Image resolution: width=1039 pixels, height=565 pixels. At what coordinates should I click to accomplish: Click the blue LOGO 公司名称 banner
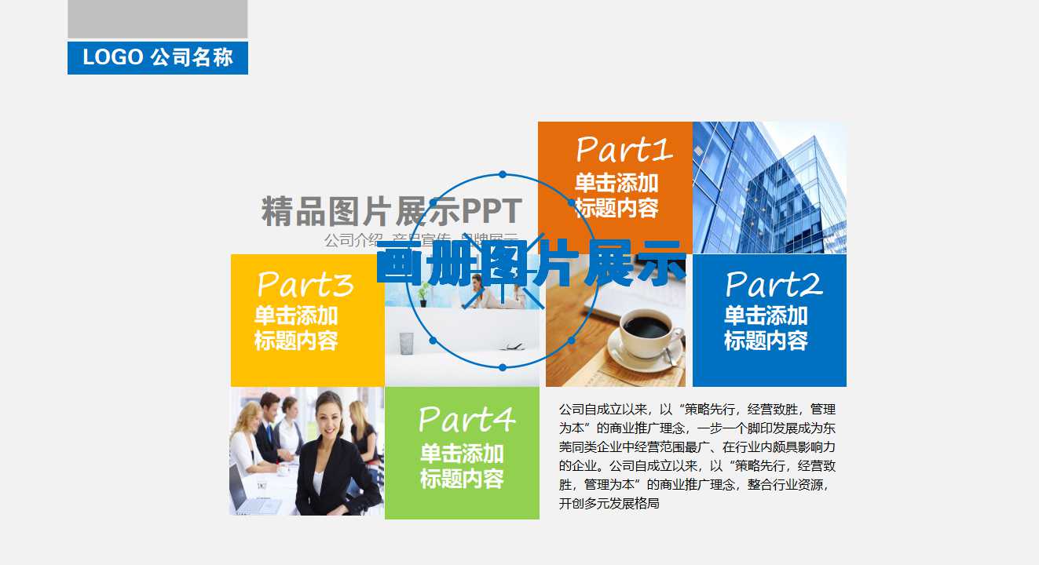(x=158, y=58)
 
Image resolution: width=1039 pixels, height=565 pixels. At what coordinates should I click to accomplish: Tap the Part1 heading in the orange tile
(x=624, y=149)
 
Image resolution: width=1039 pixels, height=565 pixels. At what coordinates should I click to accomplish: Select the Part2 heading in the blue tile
(x=774, y=284)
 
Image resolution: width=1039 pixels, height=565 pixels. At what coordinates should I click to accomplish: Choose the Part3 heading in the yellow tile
(x=305, y=284)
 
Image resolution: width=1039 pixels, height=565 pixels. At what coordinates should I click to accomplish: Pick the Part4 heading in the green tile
(x=466, y=420)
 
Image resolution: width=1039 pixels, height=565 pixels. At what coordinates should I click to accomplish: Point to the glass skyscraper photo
(x=769, y=188)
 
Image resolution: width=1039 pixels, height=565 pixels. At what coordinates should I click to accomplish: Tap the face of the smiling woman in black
(x=329, y=417)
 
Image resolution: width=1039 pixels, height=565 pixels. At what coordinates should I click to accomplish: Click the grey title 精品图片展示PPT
(x=391, y=212)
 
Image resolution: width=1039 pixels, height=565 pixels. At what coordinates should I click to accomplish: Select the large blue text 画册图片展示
(x=531, y=264)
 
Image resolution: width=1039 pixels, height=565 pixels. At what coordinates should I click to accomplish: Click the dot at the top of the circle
(x=503, y=174)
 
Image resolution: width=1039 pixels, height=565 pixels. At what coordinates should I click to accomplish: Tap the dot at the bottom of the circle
(x=503, y=366)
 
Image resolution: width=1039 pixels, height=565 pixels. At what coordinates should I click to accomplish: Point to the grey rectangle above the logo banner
(x=158, y=19)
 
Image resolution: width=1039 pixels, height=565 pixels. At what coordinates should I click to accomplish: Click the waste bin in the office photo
(x=406, y=343)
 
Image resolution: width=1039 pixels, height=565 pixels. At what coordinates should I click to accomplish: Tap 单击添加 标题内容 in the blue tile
(x=766, y=328)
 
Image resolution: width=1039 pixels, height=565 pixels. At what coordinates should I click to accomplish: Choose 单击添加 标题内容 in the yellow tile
(x=296, y=328)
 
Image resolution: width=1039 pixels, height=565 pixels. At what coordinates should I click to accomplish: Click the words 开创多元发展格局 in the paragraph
(x=609, y=504)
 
